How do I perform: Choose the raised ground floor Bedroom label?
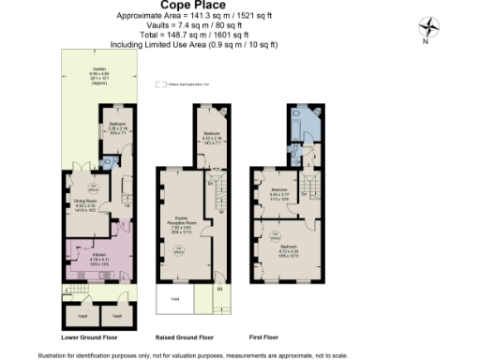211,137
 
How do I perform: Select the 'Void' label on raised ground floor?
174,299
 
